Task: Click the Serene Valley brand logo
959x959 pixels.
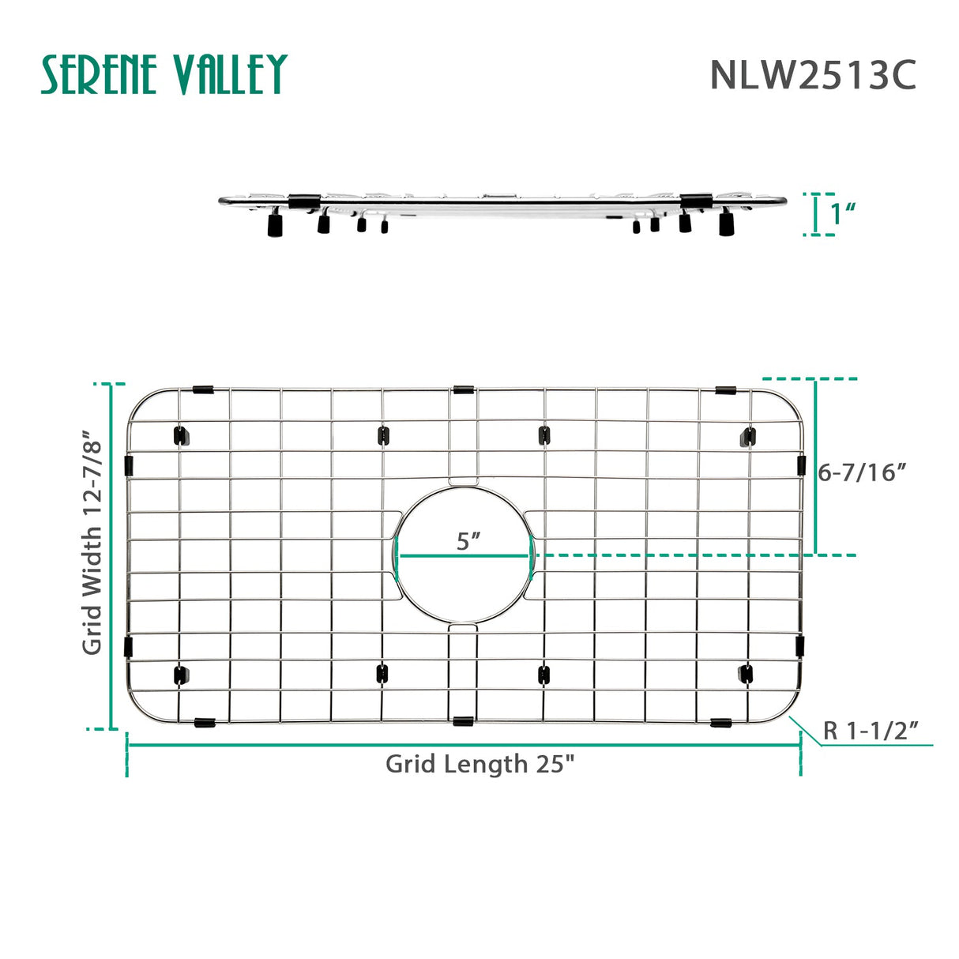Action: (x=164, y=75)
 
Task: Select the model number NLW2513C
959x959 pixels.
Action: (x=813, y=76)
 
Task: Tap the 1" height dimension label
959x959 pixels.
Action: (x=844, y=213)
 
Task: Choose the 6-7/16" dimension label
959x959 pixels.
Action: (x=861, y=472)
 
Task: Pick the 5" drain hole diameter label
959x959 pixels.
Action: (x=468, y=542)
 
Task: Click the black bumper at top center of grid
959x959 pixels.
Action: (x=464, y=389)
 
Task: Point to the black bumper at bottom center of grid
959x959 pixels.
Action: (x=464, y=720)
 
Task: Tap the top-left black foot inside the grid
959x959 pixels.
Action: (x=181, y=435)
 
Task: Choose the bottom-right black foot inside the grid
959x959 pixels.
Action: (x=746, y=673)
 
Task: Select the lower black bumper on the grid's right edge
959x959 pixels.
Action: (x=800, y=645)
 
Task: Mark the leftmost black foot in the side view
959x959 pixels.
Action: (x=275, y=227)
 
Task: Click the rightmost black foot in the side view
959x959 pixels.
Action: (x=725, y=224)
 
